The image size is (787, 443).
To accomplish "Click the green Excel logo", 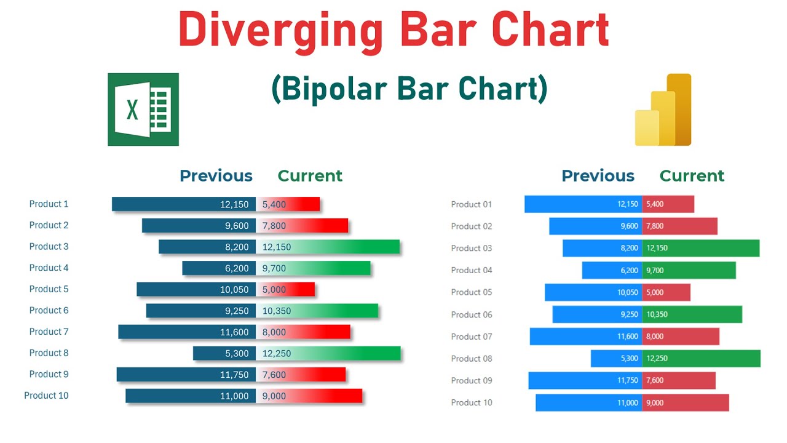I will coord(143,110).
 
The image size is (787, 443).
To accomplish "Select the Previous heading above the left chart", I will coord(216,176).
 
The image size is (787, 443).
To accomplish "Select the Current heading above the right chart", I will coord(692,176).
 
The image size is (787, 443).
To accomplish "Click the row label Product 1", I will coord(49,204).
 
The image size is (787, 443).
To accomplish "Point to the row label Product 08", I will coord(472,359).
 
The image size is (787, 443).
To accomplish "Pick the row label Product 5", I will coord(49,289).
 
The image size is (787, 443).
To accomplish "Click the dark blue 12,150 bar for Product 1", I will coord(184,204).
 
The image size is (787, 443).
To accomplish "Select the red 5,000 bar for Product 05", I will coord(666,292).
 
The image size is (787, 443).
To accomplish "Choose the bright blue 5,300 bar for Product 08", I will coord(616,359).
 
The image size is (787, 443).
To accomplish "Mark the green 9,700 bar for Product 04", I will coord(689,270).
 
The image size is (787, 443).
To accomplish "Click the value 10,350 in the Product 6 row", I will coord(277,311).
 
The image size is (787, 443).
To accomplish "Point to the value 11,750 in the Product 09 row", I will coord(627,381).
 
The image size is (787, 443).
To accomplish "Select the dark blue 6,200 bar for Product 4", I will coord(219,268).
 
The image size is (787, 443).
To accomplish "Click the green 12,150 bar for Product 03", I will coord(701,248).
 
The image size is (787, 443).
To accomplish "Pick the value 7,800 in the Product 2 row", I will coord(274,226).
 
